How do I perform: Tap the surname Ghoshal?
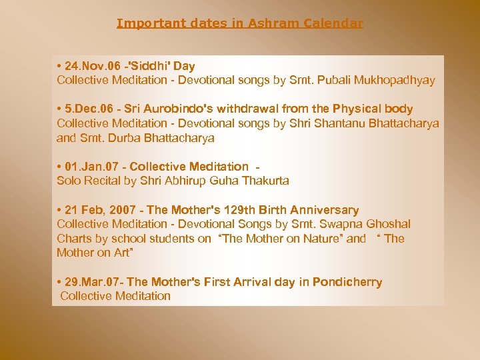(x=387, y=224)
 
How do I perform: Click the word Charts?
(x=73, y=239)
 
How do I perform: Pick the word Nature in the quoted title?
(x=324, y=239)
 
